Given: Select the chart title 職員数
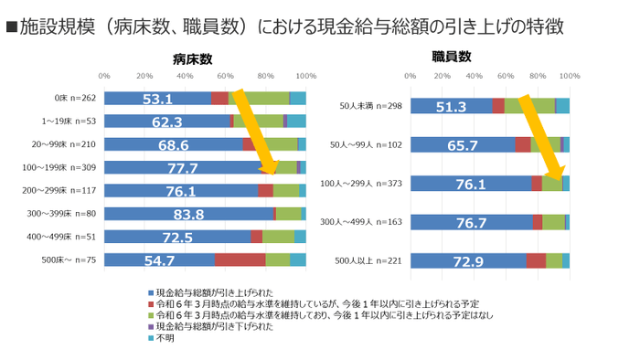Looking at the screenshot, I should click(452, 57).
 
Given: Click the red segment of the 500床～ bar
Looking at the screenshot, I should click(240, 260).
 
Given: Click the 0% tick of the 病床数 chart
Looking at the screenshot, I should click(104, 76).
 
